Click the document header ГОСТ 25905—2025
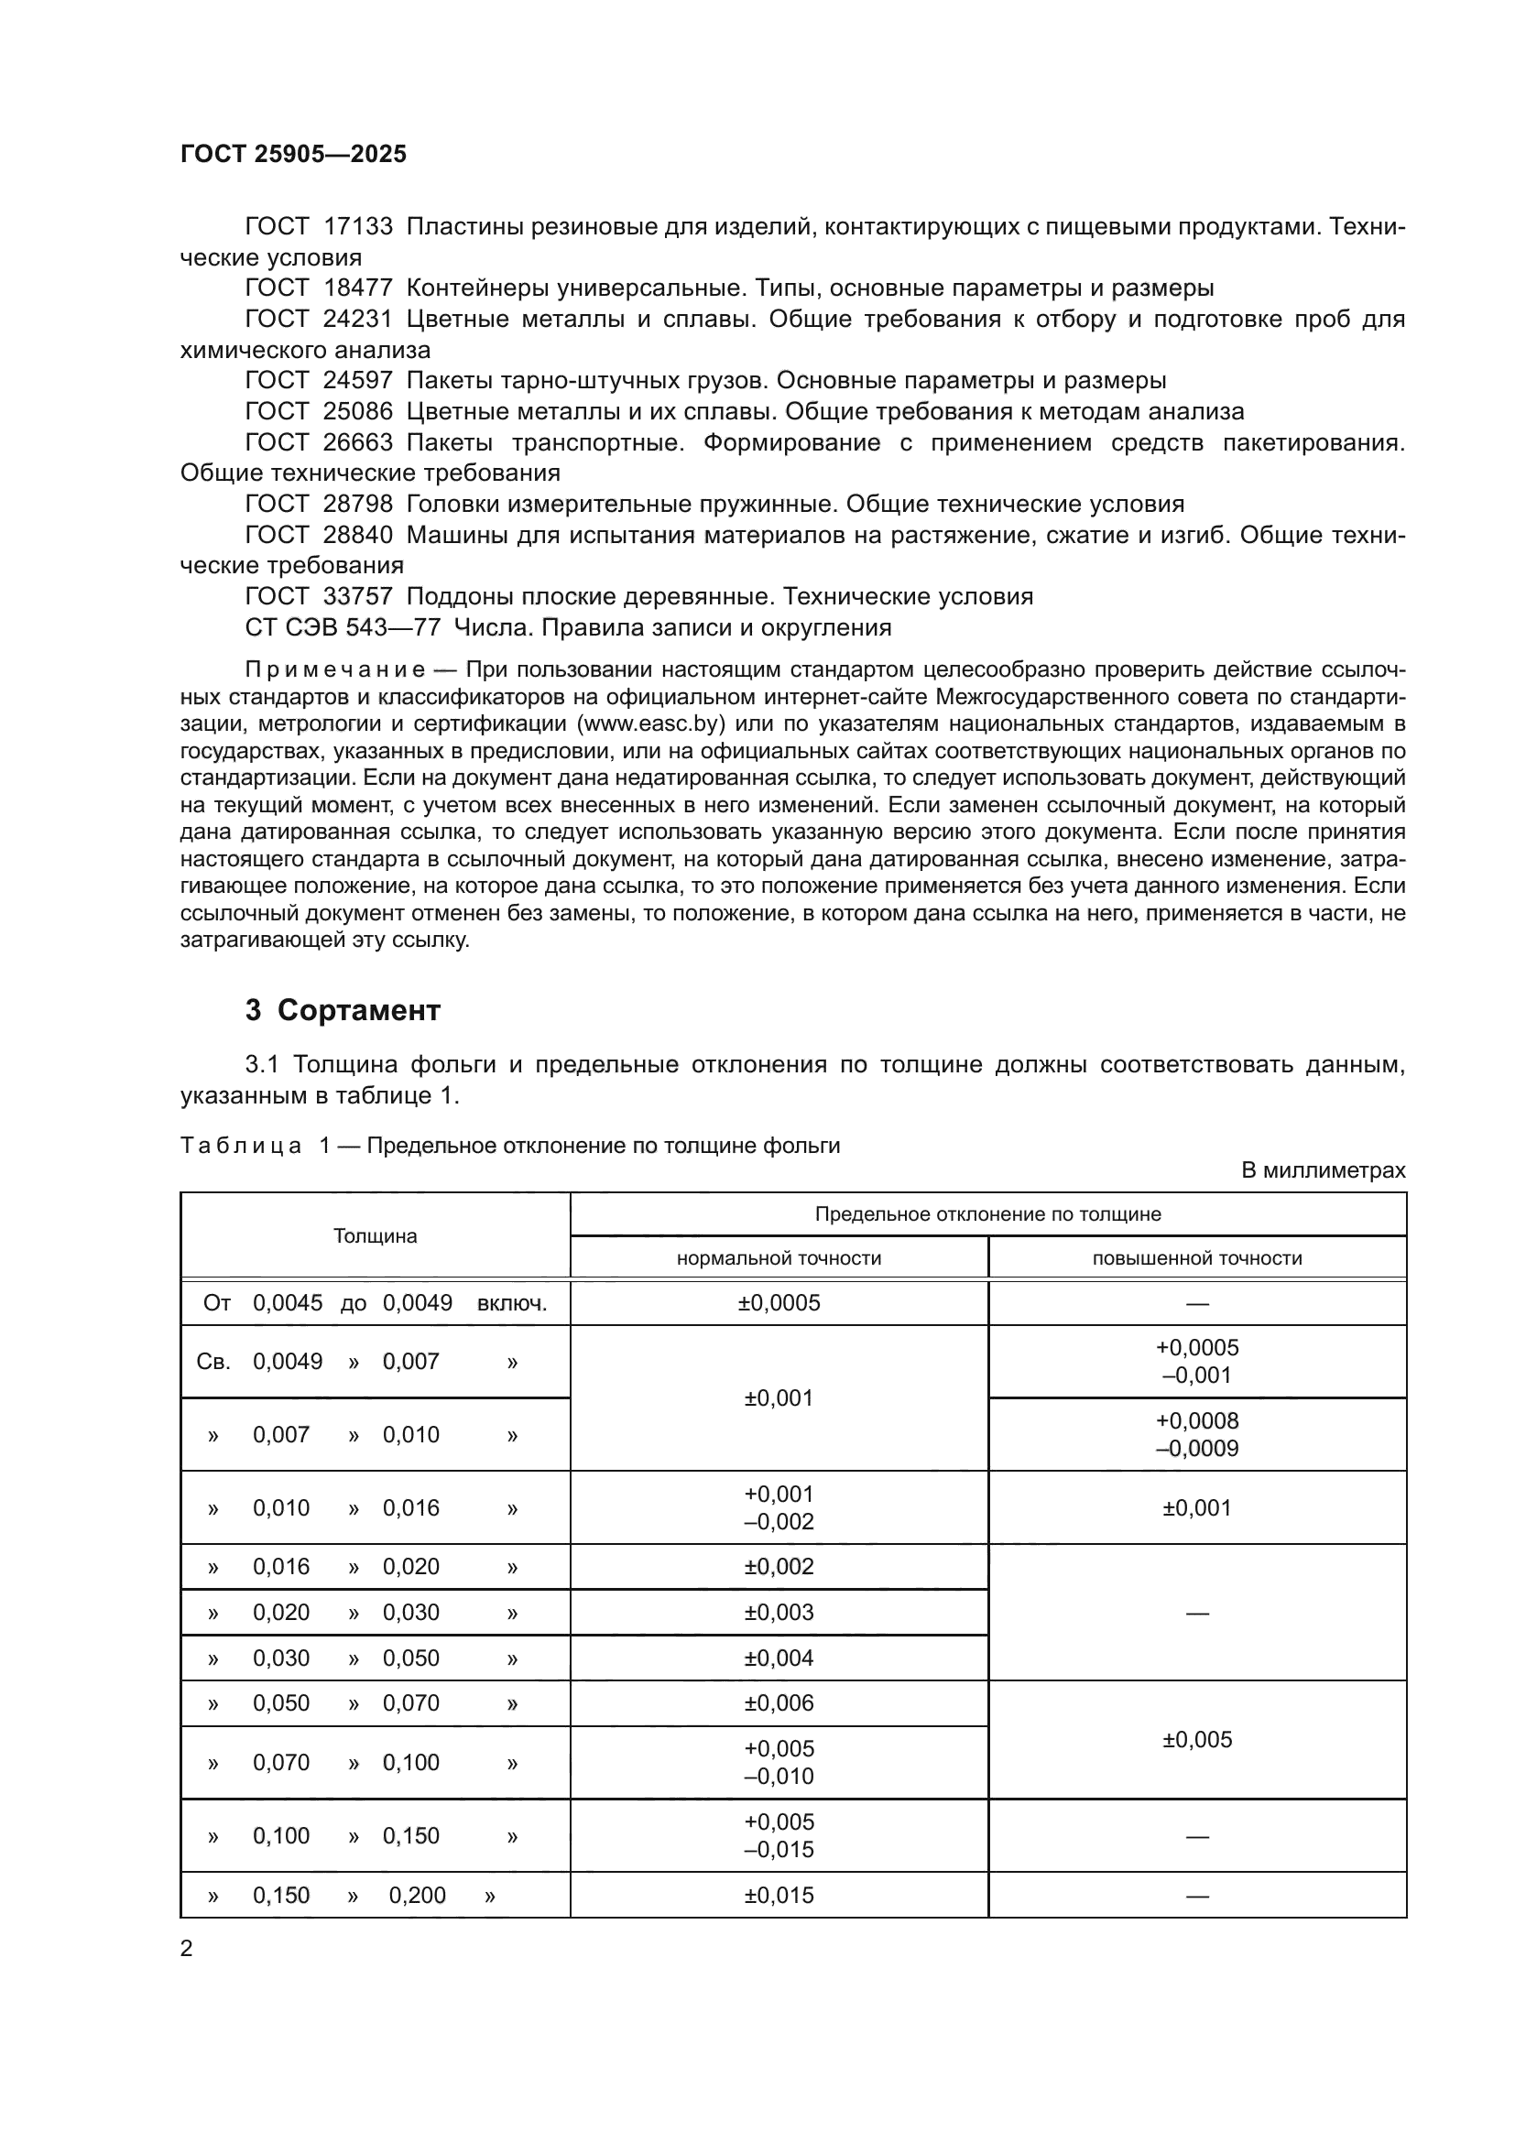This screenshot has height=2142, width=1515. pyautogui.click(x=293, y=154)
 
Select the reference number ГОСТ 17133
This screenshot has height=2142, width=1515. pyautogui.click(x=318, y=227)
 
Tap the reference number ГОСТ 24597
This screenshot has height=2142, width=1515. pyautogui.click(x=318, y=381)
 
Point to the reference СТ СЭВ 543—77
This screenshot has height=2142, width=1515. pyautogui.click(x=343, y=628)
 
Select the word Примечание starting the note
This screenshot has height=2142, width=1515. pyautogui.click(x=335, y=669)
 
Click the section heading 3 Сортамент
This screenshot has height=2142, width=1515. pyautogui.click(x=343, y=1010)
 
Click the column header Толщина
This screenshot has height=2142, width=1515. pyautogui.click(x=375, y=1236)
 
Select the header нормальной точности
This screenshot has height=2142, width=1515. pyautogui.click(x=778, y=1258)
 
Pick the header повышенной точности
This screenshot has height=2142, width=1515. pyautogui.click(x=1197, y=1258)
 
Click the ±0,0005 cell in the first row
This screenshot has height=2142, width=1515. pyautogui.click(x=778, y=1303)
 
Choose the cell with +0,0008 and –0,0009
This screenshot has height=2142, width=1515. pyautogui.click(x=1197, y=1435)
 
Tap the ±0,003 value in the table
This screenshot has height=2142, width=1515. pyautogui.click(x=778, y=1612)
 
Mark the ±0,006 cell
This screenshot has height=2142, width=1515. pyautogui.click(x=778, y=1703)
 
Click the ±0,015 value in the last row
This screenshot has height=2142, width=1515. pyautogui.click(x=778, y=1896)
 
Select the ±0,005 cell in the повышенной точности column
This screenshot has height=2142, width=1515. pyautogui.click(x=1197, y=1740)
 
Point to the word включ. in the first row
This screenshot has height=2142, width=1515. pyautogui.click(x=511, y=1303)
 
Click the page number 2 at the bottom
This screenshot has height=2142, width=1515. pyautogui.click(x=187, y=1949)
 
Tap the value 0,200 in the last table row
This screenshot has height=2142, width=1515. pyautogui.click(x=417, y=1896)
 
